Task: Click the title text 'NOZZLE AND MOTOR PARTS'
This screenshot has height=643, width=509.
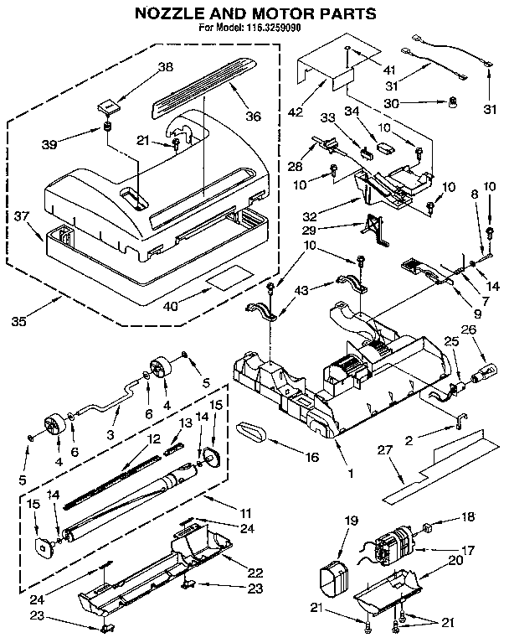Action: tap(251, 14)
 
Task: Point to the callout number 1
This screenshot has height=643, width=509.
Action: tap(350, 473)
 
